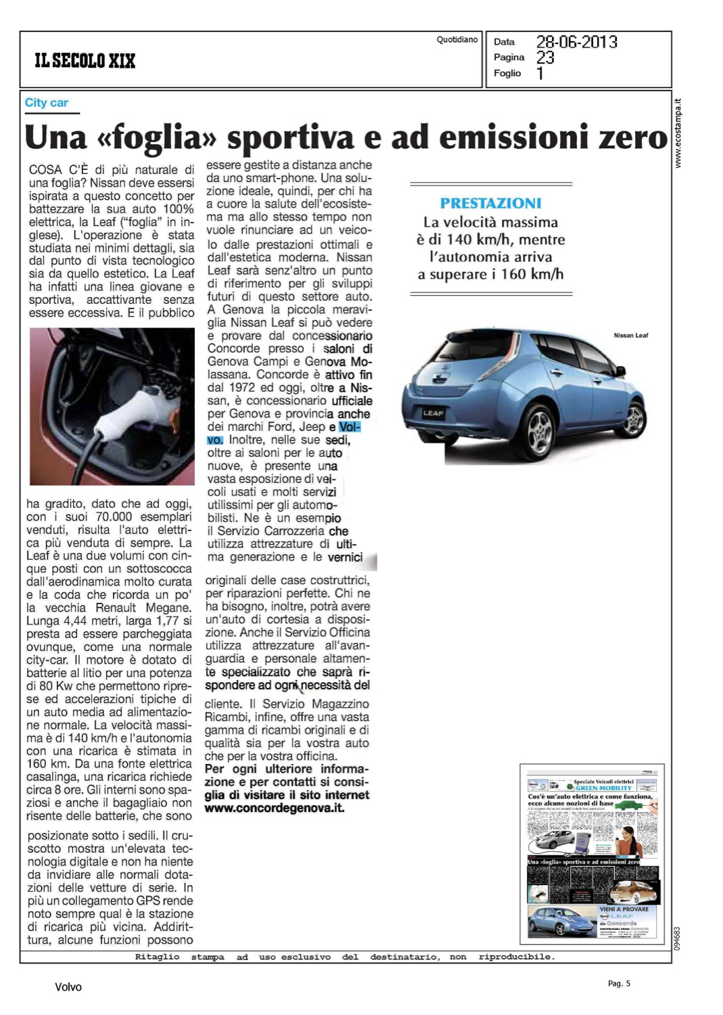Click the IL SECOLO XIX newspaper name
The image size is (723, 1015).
pos(85,61)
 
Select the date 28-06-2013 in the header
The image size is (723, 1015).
pos(576,42)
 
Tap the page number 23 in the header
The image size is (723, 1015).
pos(545,58)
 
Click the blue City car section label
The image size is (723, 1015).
pos(46,103)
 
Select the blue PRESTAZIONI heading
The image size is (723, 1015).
pos(490,203)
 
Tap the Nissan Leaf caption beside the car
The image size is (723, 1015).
pos(630,336)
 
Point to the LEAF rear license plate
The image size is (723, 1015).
pos(434,413)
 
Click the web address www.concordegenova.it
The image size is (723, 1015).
pos(275,808)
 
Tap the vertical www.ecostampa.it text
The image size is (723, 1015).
pos(679,134)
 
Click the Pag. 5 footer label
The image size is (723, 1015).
pos(619,983)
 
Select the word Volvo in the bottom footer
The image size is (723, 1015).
pos(68,987)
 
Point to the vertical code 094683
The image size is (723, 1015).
pos(678,938)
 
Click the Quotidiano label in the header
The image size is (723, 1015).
pos(457,40)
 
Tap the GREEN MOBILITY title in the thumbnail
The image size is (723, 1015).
pos(603,788)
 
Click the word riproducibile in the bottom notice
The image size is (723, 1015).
pos(516,957)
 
